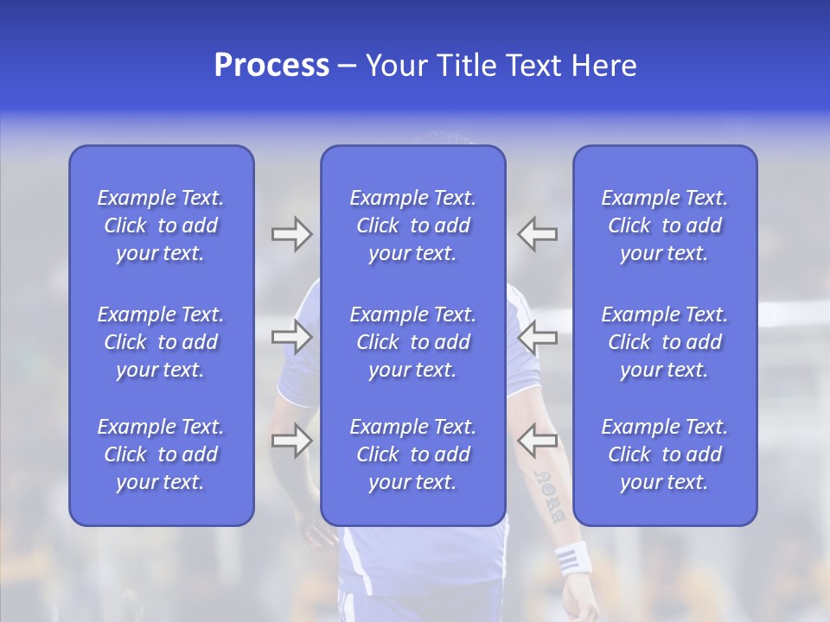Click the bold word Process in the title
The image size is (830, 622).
pyautogui.click(x=271, y=66)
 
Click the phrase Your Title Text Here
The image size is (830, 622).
pyautogui.click(x=501, y=66)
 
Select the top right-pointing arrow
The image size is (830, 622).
pyautogui.click(x=291, y=234)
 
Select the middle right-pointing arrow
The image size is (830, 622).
pyautogui.click(x=291, y=337)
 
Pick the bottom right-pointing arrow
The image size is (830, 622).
pyautogui.click(x=291, y=441)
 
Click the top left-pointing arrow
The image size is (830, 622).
pyautogui.click(x=538, y=234)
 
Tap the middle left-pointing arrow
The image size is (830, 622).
pyautogui.click(x=538, y=337)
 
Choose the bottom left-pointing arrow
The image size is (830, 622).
pyautogui.click(x=538, y=441)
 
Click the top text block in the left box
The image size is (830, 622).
pyautogui.click(x=161, y=225)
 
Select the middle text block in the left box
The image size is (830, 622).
pyautogui.click(x=161, y=342)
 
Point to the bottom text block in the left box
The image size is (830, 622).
pyautogui.click(x=161, y=454)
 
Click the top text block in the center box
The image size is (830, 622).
pyautogui.click(x=412, y=225)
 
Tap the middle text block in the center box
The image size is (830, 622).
pyautogui.click(x=412, y=342)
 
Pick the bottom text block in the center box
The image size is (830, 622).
pyautogui.click(x=412, y=454)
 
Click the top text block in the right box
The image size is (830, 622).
pyautogui.click(x=664, y=225)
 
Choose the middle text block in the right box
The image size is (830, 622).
pyautogui.click(x=664, y=342)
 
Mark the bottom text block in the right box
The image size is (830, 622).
pyautogui.click(x=664, y=454)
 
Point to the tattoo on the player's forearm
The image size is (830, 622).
pyautogui.click(x=550, y=496)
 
